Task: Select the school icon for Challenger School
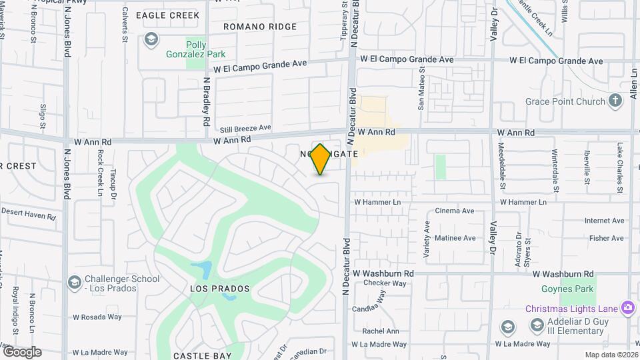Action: [75, 283]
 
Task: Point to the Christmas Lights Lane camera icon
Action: [627, 308]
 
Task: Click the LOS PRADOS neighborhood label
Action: [220, 289]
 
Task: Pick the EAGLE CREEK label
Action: [167, 15]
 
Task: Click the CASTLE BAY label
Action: [202, 356]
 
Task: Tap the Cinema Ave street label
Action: [454, 211]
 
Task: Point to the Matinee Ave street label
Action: [455, 238]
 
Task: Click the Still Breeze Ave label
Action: [245, 127]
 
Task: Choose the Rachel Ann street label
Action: [381, 331]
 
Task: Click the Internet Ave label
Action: [604, 221]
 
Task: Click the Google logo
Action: [22, 352]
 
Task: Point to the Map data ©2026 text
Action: [611, 355]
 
